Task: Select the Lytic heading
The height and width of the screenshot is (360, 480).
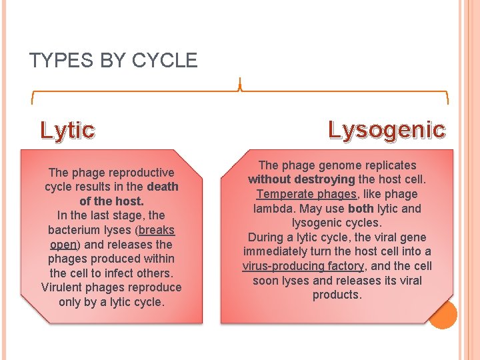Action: [67, 130]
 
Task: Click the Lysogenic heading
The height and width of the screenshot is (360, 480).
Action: [387, 129]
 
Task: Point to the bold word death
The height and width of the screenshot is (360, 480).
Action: [163, 187]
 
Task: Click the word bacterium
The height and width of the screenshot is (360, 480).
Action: [74, 230]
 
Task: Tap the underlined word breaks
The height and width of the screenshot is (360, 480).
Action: [157, 230]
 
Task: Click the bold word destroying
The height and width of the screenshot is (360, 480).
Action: [324, 179]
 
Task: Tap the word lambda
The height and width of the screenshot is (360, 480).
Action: [273, 209]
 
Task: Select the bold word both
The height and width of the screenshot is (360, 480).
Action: [361, 209]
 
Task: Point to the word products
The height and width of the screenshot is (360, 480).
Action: [337, 295]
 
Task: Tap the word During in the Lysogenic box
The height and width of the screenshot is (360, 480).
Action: [267, 237]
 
